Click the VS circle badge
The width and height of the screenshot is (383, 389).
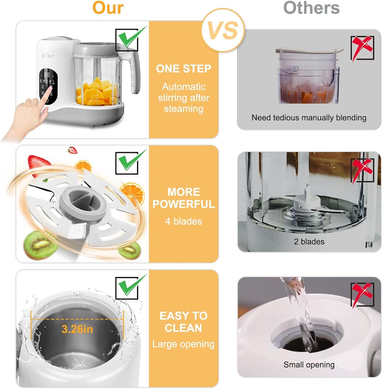pos(223,30)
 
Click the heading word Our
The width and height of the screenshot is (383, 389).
pos(108,8)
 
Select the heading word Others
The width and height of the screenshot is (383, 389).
pos(311,8)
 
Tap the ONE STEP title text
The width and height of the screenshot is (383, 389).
pos(183,69)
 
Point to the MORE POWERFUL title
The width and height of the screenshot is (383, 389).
pos(183,198)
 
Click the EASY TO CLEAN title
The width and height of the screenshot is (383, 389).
pos(183,322)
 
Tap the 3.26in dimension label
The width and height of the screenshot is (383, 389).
pos(77,329)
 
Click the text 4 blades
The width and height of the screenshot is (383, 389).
pos(183,221)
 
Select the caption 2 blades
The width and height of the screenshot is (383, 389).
pos(309,241)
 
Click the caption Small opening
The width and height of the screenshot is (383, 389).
pos(309,365)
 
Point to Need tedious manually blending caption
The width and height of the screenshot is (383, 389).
pos(309,118)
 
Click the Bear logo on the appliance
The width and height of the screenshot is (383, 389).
pos(48,56)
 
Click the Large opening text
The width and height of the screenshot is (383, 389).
pos(183,344)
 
